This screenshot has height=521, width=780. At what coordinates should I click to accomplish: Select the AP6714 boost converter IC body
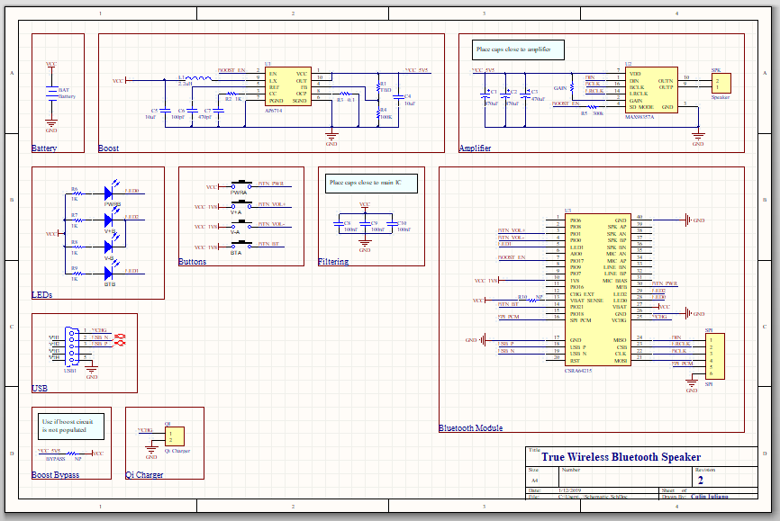point(287,87)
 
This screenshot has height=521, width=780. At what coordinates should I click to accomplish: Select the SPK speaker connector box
point(721,83)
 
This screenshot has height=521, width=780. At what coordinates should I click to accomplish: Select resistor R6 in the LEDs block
point(76,193)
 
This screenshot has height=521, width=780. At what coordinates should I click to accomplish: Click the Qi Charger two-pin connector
point(174,436)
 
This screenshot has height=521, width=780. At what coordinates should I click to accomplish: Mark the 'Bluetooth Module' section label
point(470,428)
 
